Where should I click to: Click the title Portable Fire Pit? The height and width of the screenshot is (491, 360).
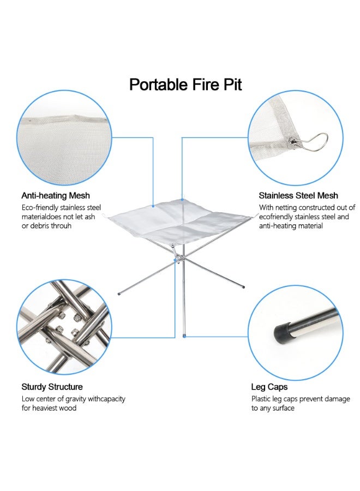tap(185, 85)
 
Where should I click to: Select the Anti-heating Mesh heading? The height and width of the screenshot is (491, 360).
tap(56, 195)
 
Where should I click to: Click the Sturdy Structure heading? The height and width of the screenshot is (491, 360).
tap(52, 387)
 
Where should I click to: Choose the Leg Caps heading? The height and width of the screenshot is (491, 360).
tap(269, 387)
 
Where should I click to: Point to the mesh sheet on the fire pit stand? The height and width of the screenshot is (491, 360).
tap(180, 221)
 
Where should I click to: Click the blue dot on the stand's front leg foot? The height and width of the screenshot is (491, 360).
tap(184, 336)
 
